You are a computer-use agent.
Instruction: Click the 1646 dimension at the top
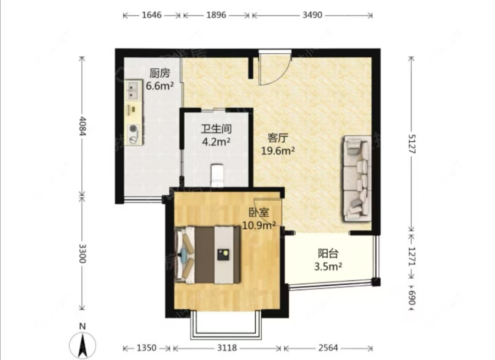tap(152, 15)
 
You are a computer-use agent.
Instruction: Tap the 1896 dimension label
tap(216, 15)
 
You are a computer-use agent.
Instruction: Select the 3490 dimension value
tap(312, 15)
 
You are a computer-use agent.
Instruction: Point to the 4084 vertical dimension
tap(82, 126)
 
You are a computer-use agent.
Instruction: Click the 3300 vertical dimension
tap(82, 253)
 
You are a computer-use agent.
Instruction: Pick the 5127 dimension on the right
tap(412, 144)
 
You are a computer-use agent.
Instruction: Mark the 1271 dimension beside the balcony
tap(412, 256)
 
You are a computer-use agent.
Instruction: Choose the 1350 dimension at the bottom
tap(147, 348)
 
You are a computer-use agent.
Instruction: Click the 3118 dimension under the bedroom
tap(227, 348)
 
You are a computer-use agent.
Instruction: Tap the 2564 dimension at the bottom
tap(328, 348)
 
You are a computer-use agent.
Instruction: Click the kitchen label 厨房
tap(160, 73)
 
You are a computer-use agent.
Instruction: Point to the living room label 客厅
tap(278, 138)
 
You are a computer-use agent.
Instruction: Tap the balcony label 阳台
tap(328, 254)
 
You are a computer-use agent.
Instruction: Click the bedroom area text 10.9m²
tap(259, 225)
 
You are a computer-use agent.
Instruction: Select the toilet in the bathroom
tap(217, 174)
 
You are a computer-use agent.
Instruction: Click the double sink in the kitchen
tap(134, 90)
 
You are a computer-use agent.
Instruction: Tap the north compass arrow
tap(82, 346)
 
